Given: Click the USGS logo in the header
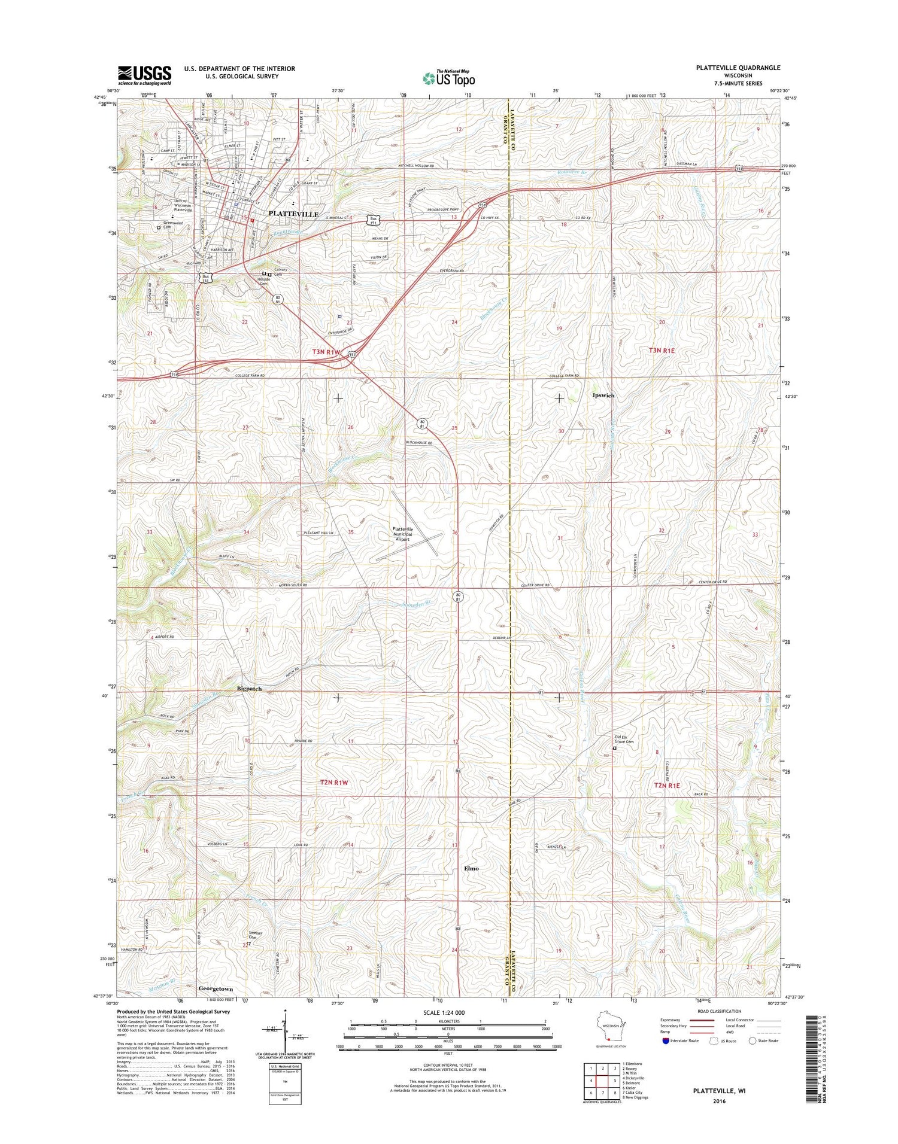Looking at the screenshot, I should [144, 75].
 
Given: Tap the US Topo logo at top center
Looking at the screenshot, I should [449, 78].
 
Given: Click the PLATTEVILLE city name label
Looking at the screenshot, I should [293, 214].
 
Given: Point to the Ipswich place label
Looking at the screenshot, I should [603, 395].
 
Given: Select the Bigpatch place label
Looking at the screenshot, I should [249, 689].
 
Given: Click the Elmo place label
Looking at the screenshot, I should [471, 868].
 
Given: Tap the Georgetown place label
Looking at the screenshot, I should [216, 989].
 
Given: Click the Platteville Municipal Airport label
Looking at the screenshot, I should [402, 534].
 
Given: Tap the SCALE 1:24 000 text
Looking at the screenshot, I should [448, 1013].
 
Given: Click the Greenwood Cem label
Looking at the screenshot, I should [167, 224].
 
